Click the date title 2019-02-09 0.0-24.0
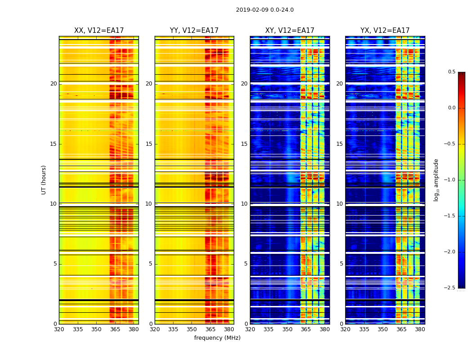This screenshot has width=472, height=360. tap(265, 10)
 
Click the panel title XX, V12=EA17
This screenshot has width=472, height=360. tap(99, 31)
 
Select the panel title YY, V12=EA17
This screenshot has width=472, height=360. tap(194, 31)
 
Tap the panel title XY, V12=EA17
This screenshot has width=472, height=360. tap(289, 31)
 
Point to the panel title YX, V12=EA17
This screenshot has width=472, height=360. tap(385, 31)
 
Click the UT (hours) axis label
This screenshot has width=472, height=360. tap(44, 180)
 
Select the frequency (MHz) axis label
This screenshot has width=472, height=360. tap(217, 338)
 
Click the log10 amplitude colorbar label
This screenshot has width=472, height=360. tap(436, 180)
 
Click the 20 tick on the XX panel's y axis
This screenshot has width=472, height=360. tap(53, 84)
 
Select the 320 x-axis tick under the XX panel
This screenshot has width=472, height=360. tap(59, 329)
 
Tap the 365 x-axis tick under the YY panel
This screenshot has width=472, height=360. tap(210, 329)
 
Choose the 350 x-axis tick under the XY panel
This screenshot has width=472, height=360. tap(287, 329)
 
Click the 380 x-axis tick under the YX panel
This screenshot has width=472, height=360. tap(420, 329)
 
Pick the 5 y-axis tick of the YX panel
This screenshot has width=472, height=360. tap(341, 264)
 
